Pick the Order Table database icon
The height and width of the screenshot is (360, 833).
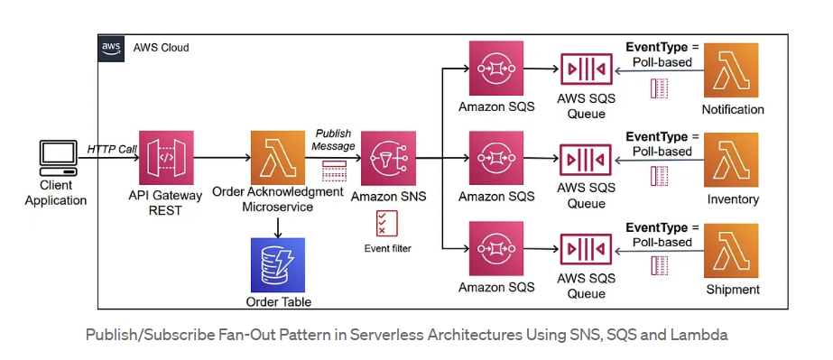[x=278, y=264]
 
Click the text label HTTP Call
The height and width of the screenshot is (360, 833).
[x=110, y=148]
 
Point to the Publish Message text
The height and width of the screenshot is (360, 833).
[x=333, y=140]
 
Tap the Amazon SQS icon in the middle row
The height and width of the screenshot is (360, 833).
[x=495, y=159]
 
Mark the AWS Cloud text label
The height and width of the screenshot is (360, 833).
[x=162, y=48]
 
